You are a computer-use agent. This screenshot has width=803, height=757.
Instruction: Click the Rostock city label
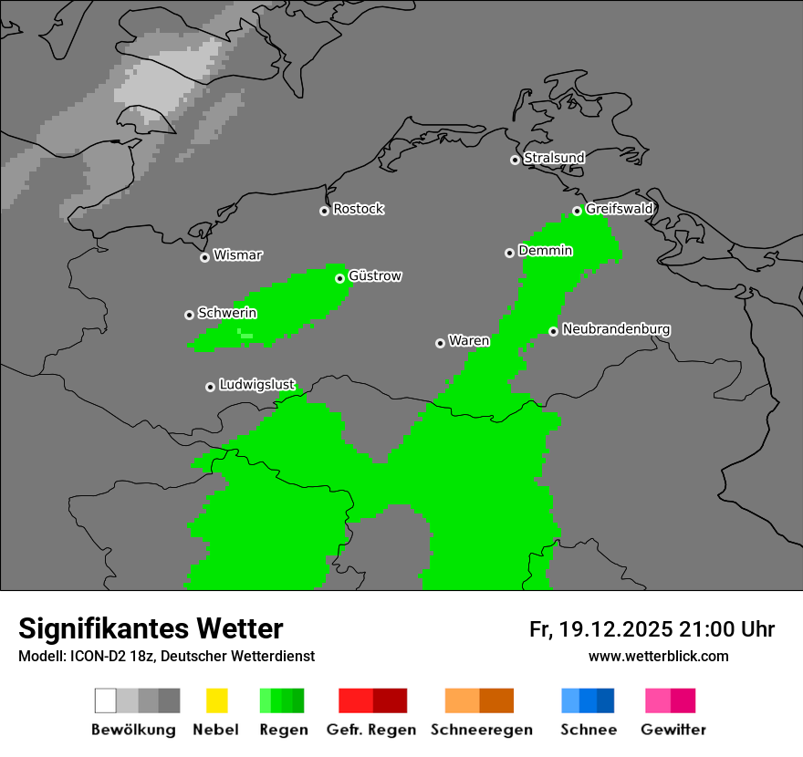[x=359, y=209]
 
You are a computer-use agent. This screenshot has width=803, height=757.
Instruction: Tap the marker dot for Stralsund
[x=515, y=160]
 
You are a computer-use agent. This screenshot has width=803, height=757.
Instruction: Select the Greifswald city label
[x=620, y=209]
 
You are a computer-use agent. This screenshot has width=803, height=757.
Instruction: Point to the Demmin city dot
[x=509, y=253]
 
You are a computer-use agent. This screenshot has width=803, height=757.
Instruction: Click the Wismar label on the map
[x=237, y=255]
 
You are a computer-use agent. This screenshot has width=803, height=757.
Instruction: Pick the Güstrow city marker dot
[x=339, y=278]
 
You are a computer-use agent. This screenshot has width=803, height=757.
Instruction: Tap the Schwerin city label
[x=227, y=313]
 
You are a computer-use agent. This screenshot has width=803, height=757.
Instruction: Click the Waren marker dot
[x=440, y=343]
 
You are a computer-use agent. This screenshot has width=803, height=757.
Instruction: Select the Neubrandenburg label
[x=616, y=329]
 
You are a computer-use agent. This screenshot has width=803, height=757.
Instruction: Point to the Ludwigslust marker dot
[x=210, y=387]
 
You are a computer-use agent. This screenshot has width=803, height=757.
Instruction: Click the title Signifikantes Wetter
[x=151, y=629]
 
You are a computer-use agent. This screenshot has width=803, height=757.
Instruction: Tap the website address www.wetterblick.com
[x=658, y=656]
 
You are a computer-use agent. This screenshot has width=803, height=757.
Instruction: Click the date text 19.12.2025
[x=617, y=629]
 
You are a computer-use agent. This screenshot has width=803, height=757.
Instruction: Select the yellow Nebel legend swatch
[x=216, y=700]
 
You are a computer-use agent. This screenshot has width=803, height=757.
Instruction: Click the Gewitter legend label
[x=673, y=730]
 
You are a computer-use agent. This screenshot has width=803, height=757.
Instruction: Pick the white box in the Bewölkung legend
[x=105, y=700]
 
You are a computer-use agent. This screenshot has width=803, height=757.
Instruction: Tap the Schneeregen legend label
[x=482, y=730]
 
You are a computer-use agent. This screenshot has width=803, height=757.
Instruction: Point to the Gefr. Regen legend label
[x=370, y=730]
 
